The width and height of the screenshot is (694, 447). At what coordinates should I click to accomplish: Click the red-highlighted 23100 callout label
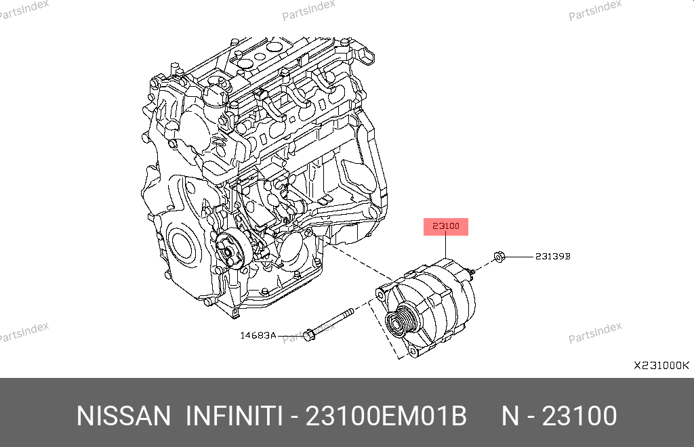pyautogui.click(x=446, y=226)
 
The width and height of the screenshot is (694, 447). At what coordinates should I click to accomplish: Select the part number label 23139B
pyautogui.click(x=553, y=257)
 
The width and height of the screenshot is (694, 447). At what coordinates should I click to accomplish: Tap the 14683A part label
pyautogui.click(x=258, y=335)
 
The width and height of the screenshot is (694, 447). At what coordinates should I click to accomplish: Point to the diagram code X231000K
pyautogui.click(x=661, y=366)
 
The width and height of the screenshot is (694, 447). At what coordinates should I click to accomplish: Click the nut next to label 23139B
pyautogui.click(x=499, y=257)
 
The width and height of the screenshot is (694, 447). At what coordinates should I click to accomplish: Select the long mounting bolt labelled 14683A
pyautogui.click(x=329, y=324)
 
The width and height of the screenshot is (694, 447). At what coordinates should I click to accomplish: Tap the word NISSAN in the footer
pyautogui.click(x=123, y=416)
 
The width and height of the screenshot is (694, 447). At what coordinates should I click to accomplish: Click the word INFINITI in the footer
pyautogui.click(x=234, y=416)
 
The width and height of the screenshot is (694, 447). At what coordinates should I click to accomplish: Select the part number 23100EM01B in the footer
pyautogui.click(x=386, y=416)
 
